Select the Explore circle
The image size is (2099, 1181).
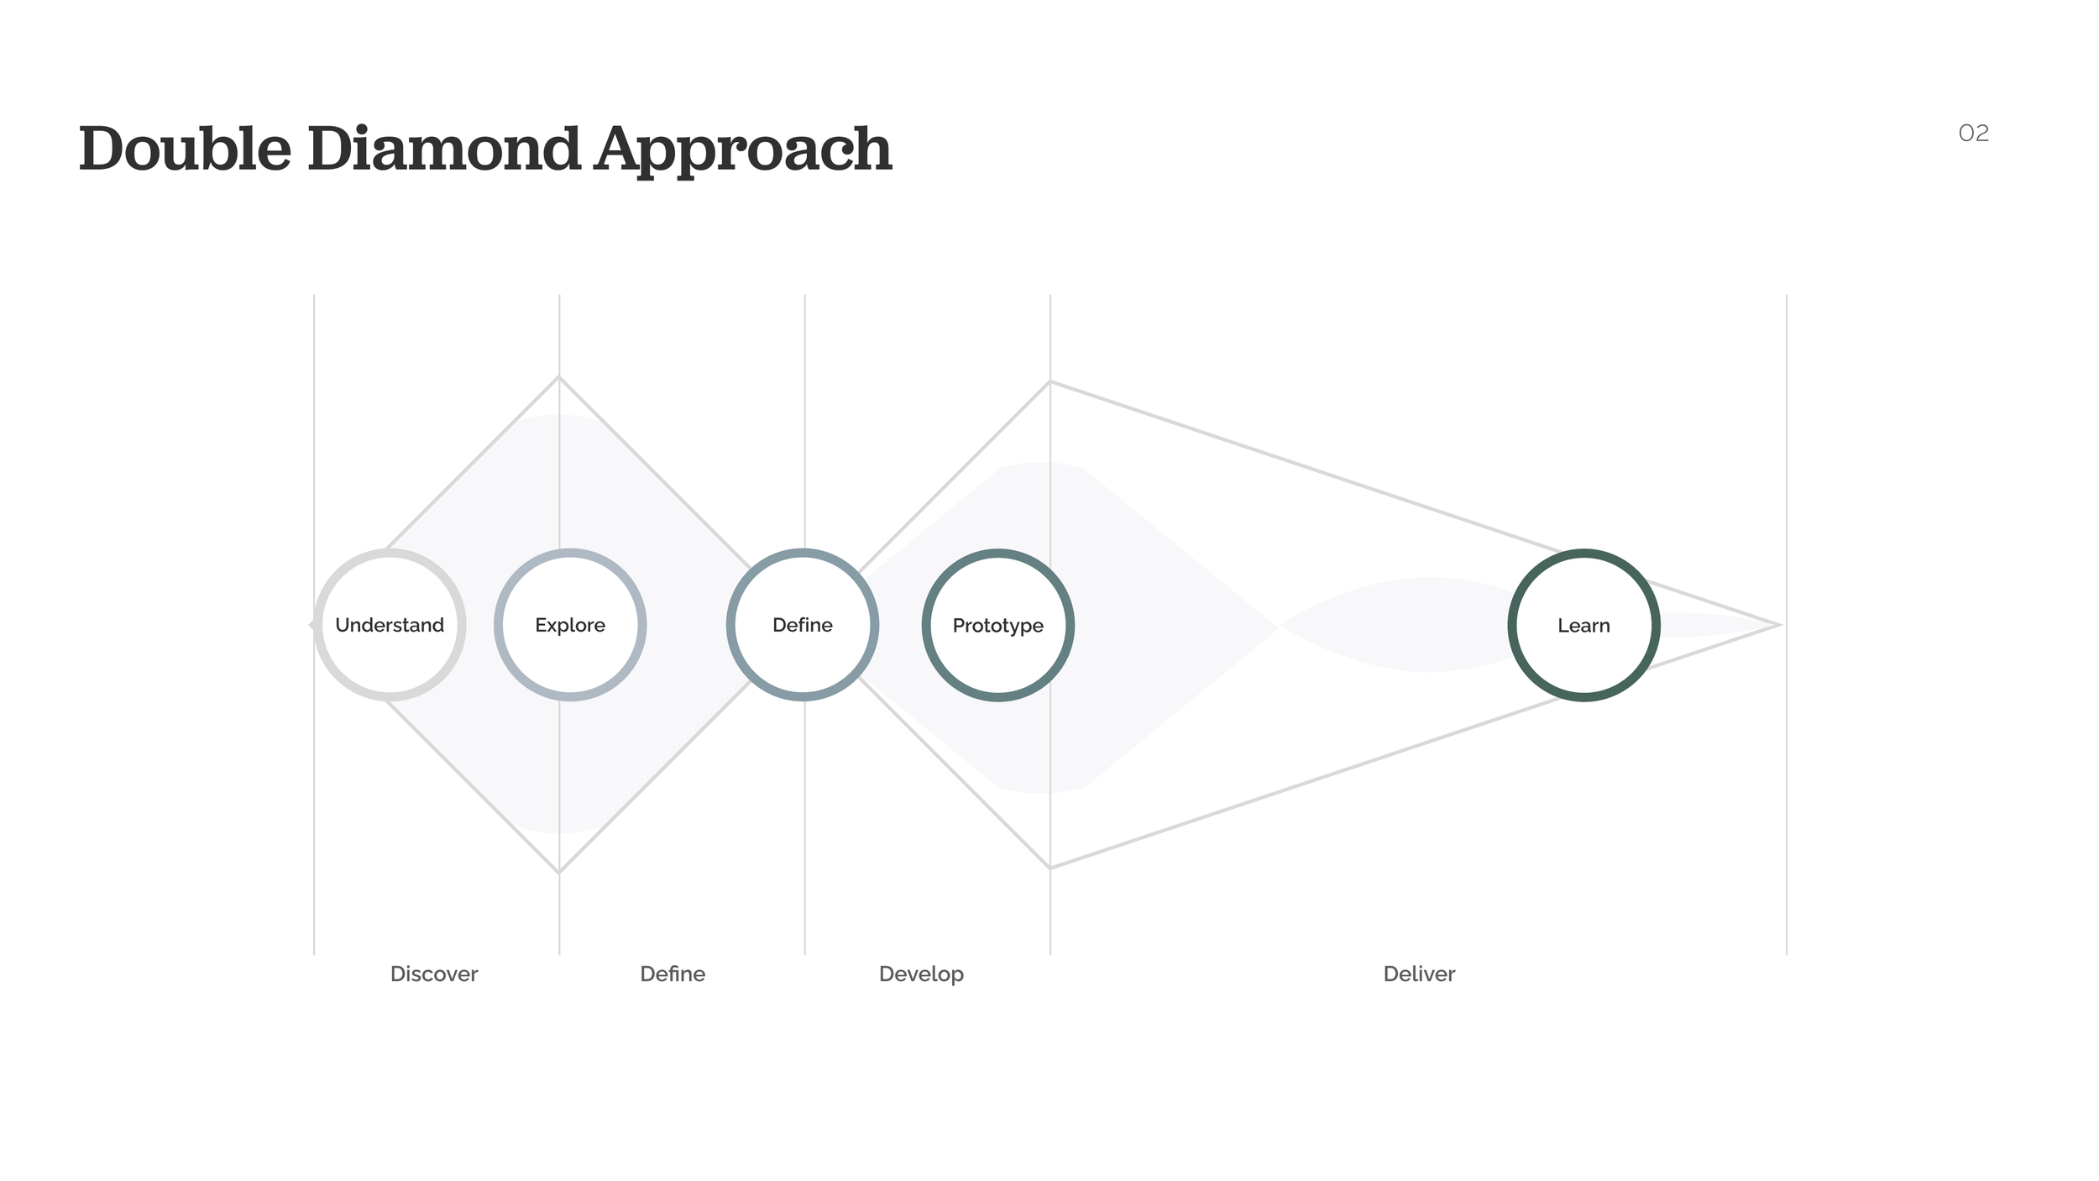(x=570, y=625)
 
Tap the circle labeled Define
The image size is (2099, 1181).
(x=803, y=625)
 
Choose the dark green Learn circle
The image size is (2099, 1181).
(x=1583, y=625)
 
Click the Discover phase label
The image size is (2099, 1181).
(x=434, y=974)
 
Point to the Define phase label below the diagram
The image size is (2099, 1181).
(x=673, y=974)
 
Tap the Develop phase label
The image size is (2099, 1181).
(x=921, y=974)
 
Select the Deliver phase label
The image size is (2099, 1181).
(x=1419, y=974)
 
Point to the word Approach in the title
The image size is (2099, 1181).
(x=743, y=151)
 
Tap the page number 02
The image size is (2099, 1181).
(x=1973, y=134)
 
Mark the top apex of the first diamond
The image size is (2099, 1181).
(x=559, y=378)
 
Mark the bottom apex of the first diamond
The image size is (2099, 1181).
(x=559, y=872)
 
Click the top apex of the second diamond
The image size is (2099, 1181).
(x=1049, y=383)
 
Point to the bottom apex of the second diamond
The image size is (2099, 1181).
(x=1049, y=868)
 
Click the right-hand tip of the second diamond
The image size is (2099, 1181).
(x=1779, y=625)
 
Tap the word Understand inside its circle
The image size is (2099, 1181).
(x=390, y=625)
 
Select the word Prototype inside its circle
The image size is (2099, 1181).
(x=997, y=626)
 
